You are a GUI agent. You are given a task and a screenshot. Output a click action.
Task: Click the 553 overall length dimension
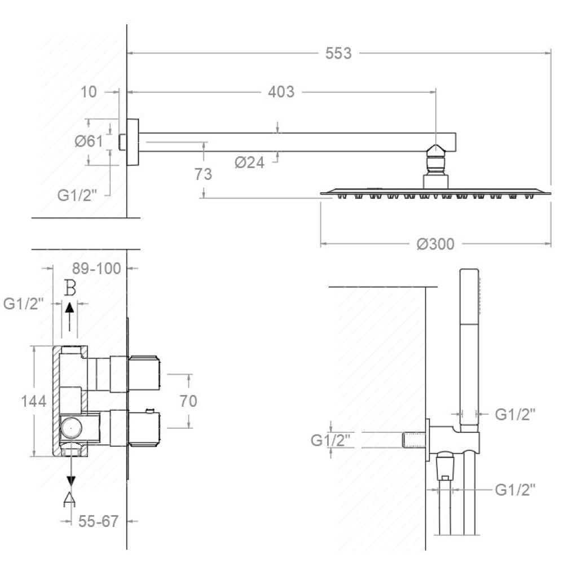click(338, 53)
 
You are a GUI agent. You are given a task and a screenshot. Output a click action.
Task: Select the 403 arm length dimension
click(281, 92)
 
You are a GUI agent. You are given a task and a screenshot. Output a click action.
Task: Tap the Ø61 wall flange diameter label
click(89, 141)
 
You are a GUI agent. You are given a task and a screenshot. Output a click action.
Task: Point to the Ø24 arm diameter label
click(249, 162)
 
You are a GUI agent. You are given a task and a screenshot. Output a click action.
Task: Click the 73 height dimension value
click(203, 174)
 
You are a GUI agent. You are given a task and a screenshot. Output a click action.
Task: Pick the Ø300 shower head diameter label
click(435, 244)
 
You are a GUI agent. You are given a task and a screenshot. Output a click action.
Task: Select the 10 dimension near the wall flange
click(89, 92)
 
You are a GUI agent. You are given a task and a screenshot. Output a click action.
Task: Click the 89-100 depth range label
click(96, 269)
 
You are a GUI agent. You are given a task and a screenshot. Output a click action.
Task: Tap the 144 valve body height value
click(34, 401)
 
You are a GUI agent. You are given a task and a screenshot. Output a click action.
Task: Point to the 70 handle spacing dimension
click(188, 401)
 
